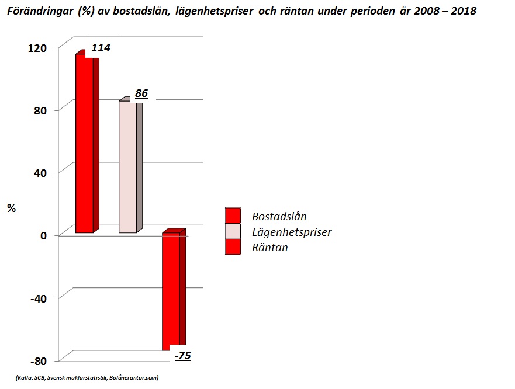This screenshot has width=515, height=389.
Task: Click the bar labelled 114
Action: tap(84, 143)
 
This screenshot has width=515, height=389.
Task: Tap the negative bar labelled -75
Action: tap(171, 290)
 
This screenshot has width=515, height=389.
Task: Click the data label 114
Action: tap(101, 48)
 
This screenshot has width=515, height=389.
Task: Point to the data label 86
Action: tap(141, 93)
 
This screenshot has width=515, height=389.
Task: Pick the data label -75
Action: tap(183, 356)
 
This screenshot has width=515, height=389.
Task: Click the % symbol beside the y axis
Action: tap(11, 209)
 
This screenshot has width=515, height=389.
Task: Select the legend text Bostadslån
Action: tap(279, 216)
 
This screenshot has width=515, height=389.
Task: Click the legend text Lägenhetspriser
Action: tap(292, 232)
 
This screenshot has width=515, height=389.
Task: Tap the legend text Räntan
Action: tap(269, 248)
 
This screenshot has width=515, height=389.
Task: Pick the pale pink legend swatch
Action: tap(233, 231)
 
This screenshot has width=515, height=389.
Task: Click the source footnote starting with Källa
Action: tap(87, 378)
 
